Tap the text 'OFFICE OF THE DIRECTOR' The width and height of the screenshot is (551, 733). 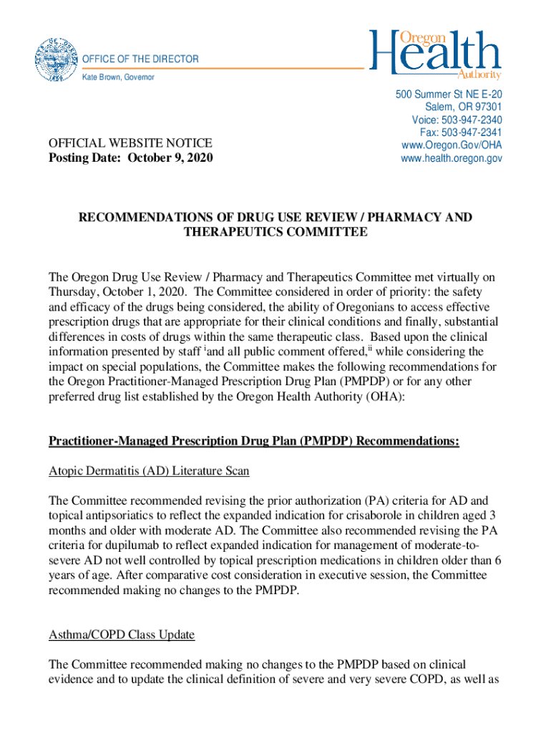141,59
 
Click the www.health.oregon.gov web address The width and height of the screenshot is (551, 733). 449,158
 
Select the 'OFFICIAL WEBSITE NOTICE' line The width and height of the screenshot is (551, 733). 130,143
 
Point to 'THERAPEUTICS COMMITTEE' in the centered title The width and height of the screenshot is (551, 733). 275,232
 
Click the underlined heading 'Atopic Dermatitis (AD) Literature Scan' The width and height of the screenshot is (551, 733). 149,471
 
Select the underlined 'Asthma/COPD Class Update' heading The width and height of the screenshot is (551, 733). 122,635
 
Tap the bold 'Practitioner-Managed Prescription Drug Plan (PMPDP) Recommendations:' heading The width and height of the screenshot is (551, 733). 254,442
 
